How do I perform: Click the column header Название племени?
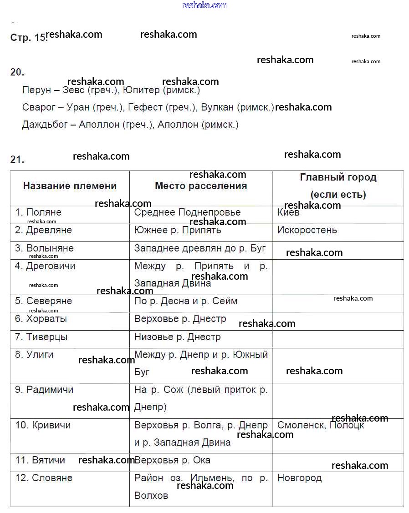[70, 186]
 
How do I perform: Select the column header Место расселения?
[201, 186]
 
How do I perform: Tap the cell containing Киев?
[288, 212]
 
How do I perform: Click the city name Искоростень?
[307, 230]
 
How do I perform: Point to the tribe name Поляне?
[43, 212]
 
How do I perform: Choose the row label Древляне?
[49, 230]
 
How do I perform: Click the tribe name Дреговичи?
[51, 266]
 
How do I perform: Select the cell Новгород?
[299, 478]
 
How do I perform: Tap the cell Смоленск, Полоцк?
[321, 425]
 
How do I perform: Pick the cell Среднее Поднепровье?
[187, 212]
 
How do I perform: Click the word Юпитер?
[141, 90]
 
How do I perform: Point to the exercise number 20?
[17, 72]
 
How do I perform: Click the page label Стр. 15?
[28, 38]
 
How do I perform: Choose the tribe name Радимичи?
[50, 390]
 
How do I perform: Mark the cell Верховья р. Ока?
[172, 460]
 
